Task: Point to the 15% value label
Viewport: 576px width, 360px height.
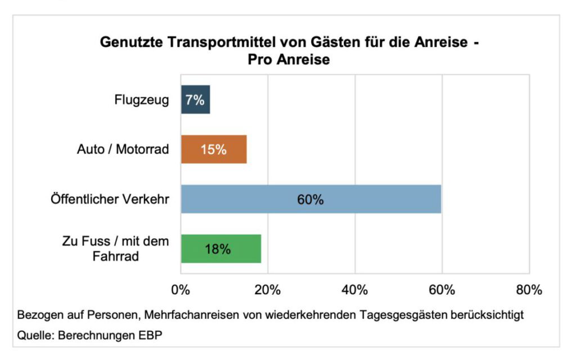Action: tap(213, 150)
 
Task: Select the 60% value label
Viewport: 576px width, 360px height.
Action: tap(310, 200)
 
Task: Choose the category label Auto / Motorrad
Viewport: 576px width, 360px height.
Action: tap(123, 150)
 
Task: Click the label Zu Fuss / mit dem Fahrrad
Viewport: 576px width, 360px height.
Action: tap(115, 249)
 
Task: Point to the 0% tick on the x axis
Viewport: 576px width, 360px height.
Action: tap(181, 290)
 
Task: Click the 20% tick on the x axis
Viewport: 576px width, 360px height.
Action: tap(268, 290)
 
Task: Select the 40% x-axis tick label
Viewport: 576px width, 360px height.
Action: tap(355, 290)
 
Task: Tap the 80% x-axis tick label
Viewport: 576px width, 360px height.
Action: tap(529, 290)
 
